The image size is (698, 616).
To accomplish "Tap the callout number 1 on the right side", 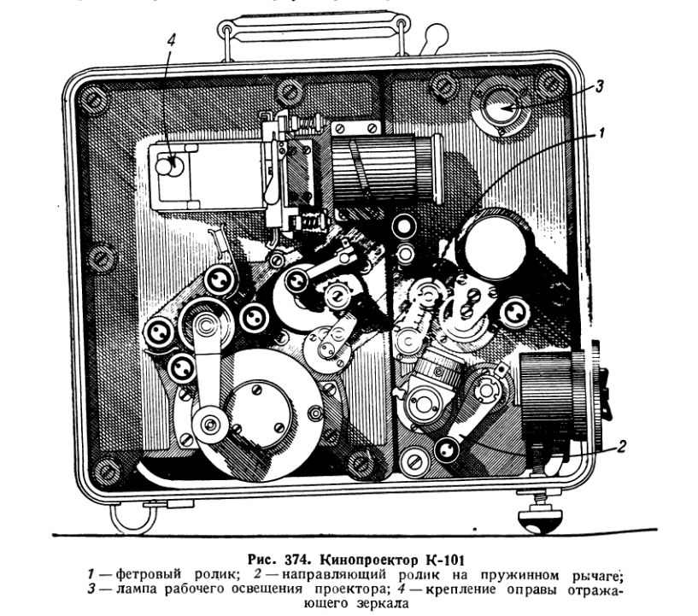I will [601, 133].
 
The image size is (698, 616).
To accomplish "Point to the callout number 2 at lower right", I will [622, 444].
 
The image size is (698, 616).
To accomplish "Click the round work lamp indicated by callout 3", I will [502, 108].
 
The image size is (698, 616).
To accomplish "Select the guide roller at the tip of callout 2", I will [447, 449].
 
